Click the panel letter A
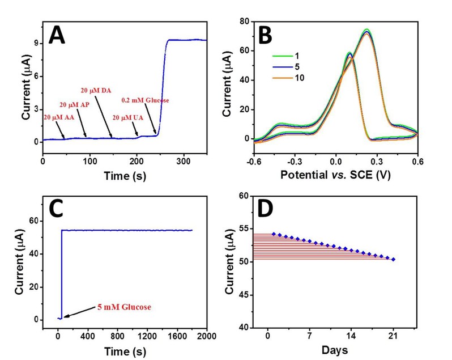(59, 35)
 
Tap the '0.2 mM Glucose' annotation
(146, 100)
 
